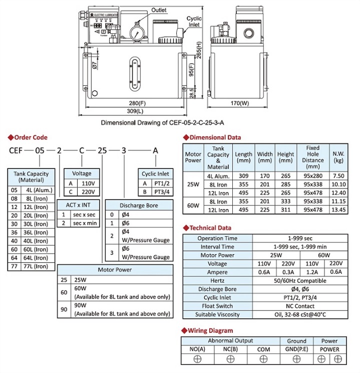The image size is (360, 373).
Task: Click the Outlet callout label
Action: pos(159,10)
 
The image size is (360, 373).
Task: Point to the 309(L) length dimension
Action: pos(131,110)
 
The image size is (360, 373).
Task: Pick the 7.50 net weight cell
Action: pos(338,176)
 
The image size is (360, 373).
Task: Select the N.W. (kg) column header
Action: pos(338,157)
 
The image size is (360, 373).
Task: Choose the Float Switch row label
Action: pos(217,306)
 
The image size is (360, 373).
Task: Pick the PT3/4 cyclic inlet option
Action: pos(161,191)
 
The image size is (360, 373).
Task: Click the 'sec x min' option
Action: pos(83,222)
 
